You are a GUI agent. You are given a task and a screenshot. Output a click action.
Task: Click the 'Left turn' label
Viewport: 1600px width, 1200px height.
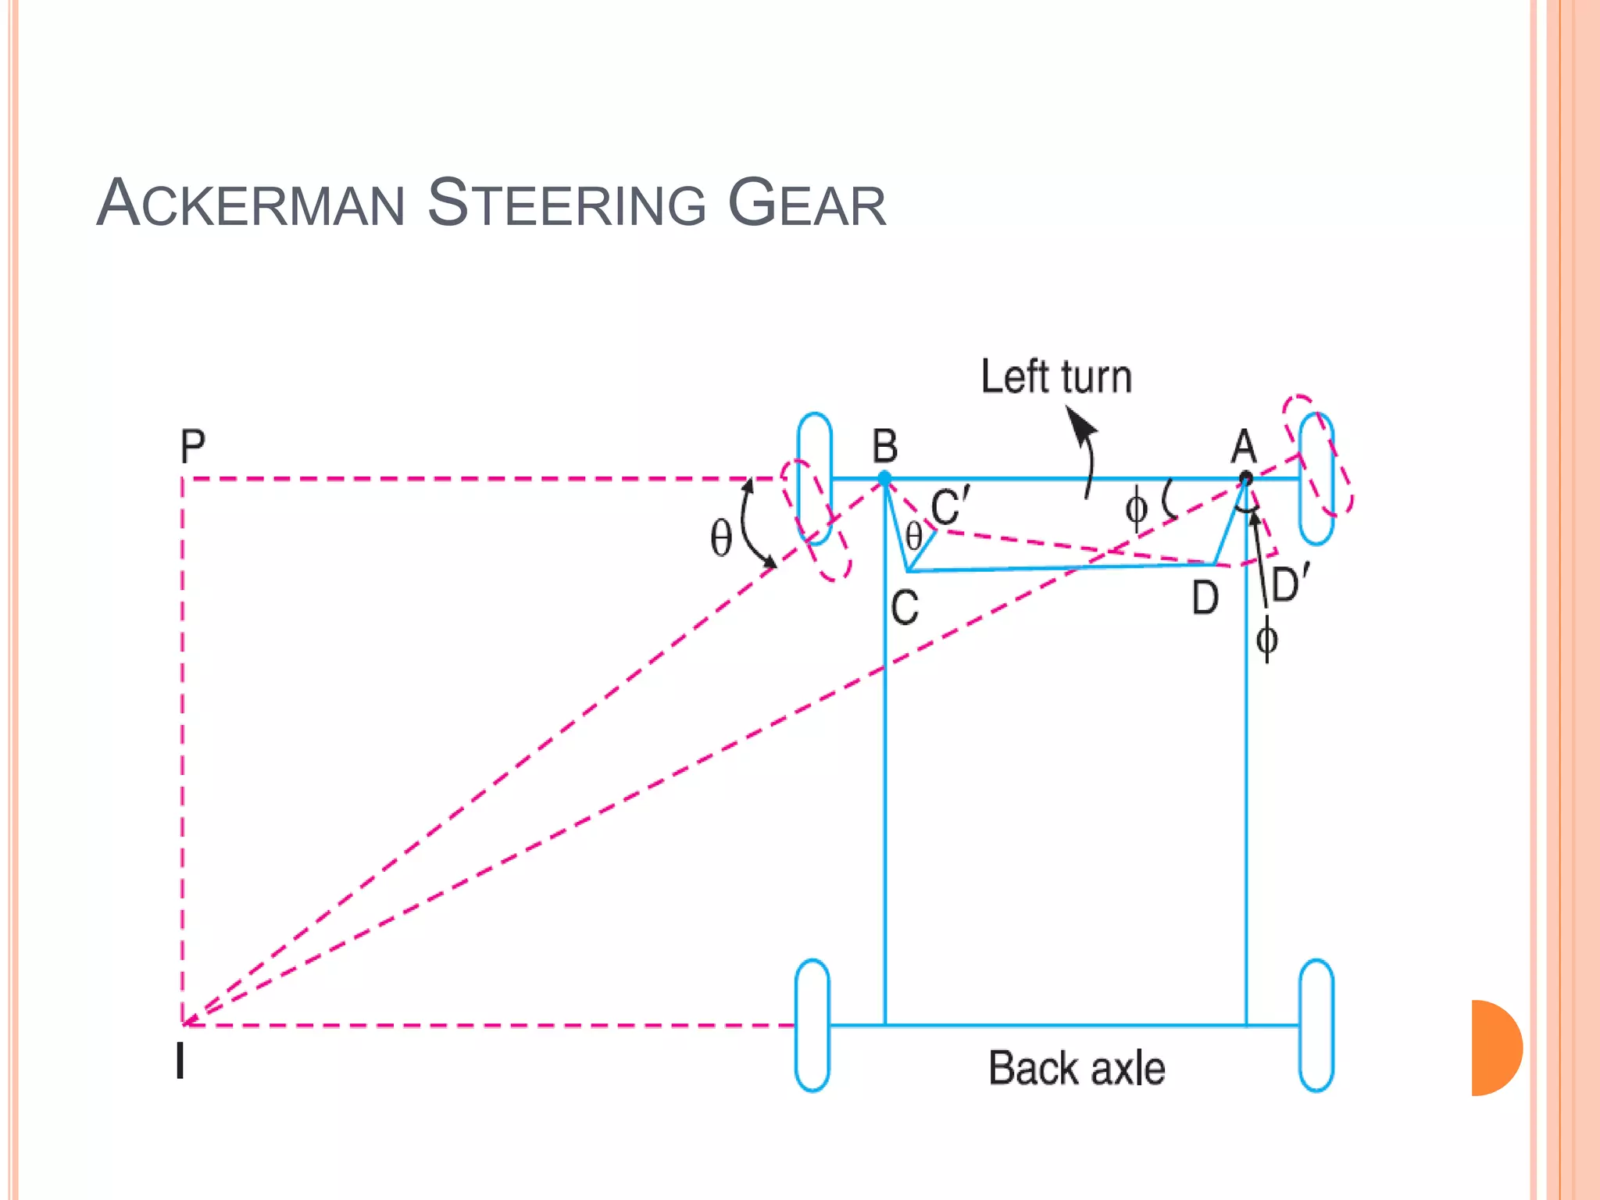pyautogui.click(x=1056, y=377)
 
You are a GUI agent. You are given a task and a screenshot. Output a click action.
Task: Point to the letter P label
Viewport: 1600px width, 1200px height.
pyautogui.click(x=192, y=447)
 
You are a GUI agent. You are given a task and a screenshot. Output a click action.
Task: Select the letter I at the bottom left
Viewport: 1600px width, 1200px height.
pyautogui.click(x=180, y=1061)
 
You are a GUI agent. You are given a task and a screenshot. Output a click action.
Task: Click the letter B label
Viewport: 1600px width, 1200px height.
pyautogui.click(x=885, y=447)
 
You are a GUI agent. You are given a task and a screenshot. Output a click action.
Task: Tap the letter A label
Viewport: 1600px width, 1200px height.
pyautogui.click(x=1244, y=447)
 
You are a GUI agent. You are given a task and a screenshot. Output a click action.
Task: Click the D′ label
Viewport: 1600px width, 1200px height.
pyautogui.click(x=1290, y=584)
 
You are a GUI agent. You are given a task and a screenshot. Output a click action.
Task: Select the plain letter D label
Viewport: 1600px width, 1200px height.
pyautogui.click(x=1205, y=599)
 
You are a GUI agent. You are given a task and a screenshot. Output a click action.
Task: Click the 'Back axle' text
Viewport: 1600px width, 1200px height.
pyautogui.click(x=1077, y=1068)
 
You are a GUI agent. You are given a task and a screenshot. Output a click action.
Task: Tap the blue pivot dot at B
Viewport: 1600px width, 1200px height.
pyautogui.click(x=884, y=478)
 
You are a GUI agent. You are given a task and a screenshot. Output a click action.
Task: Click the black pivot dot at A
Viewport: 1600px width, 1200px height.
pyautogui.click(x=1246, y=478)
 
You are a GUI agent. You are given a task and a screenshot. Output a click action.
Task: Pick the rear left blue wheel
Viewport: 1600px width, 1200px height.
pyautogui.click(x=812, y=1025)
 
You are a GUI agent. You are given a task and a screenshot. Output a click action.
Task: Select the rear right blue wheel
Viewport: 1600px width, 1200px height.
pyautogui.click(x=1316, y=1025)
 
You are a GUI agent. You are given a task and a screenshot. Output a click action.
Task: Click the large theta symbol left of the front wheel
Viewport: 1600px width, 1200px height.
pyautogui.click(x=720, y=538)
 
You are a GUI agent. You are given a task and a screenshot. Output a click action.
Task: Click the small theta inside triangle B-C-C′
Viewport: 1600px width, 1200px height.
pyautogui.click(x=913, y=537)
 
